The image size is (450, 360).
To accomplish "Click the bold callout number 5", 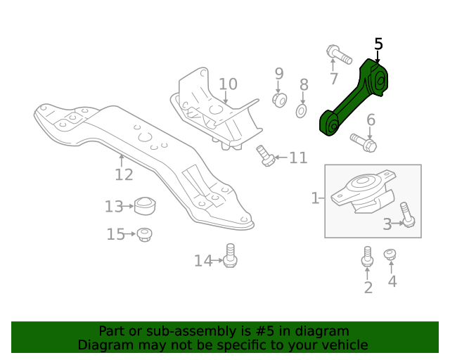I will [378, 44].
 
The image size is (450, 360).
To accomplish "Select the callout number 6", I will [371, 120].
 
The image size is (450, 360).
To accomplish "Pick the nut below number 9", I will [279, 100].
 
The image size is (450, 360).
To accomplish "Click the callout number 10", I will [228, 85].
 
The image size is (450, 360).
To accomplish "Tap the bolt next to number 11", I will [266, 156].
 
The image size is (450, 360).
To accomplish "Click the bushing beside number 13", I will [144, 207].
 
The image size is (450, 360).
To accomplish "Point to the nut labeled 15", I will [144, 234].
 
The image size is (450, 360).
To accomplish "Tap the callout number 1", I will [315, 198].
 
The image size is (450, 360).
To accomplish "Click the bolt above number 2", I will [366, 257].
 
